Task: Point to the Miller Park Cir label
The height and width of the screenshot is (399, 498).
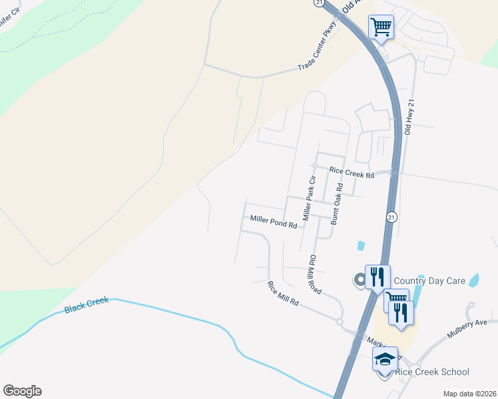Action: [x=308, y=198]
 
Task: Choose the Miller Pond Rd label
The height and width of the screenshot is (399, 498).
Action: [x=273, y=221]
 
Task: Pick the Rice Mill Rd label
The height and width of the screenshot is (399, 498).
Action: [x=284, y=294]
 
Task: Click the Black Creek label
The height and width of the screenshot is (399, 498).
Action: [x=87, y=306]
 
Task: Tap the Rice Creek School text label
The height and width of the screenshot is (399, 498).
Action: [x=432, y=372]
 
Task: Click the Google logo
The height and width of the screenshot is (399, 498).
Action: [x=22, y=391]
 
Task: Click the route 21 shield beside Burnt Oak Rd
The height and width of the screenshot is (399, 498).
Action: [x=391, y=217]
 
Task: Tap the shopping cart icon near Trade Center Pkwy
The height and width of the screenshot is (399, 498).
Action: [x=381, y=28]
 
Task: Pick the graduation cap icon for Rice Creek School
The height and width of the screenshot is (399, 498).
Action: [x=385, y=360]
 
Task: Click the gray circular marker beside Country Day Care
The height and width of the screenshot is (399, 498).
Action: [x=360, y=281]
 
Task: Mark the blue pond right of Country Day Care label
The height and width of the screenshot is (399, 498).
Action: [x=474, y=280]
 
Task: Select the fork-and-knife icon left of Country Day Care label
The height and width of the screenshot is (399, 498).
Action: [x=377, y=276]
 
